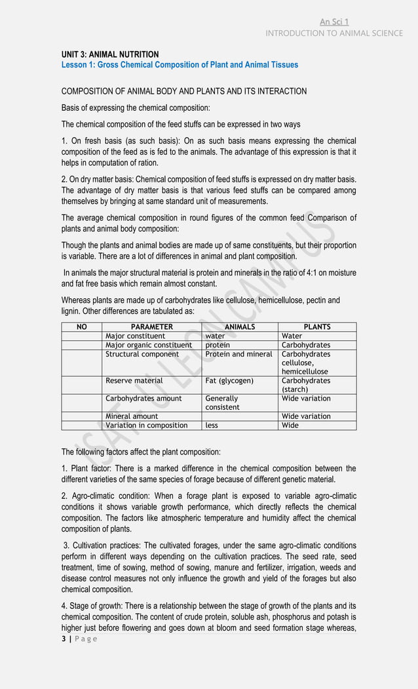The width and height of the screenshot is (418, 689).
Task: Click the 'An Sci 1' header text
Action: (x=334, y=22)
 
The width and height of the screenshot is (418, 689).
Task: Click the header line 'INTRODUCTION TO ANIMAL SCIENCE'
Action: (x=334, y=33)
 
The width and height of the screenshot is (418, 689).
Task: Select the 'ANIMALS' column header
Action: (x=240, y=326)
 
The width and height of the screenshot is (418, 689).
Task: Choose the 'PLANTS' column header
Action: (x=317, y=326)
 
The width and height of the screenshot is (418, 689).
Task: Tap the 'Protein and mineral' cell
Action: (x=238, y=354)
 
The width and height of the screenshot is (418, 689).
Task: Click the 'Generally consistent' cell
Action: (x=223, y=403)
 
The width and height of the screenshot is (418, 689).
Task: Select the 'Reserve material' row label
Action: (x=134, y=380)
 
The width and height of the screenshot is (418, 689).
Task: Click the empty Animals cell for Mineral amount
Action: (x=240, y=416)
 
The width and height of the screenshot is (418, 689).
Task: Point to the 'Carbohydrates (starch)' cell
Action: (x=306, y=385)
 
